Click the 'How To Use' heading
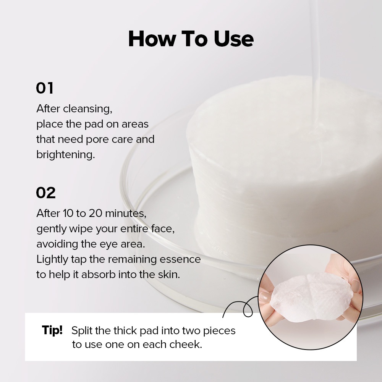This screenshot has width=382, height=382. tap(191, 39)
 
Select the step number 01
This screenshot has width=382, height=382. tap(45, 88)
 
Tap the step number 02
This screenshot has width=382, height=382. tap(45, 193)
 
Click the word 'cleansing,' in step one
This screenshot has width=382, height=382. tap(88, 109)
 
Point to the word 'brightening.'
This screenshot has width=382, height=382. tap(66, 154)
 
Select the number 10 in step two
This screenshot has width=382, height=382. tap(68, 213)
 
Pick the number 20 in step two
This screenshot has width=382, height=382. tap(95, 213)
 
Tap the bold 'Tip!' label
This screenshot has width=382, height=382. tap(52, 330)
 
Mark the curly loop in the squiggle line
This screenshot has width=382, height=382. tap(248, 309)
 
